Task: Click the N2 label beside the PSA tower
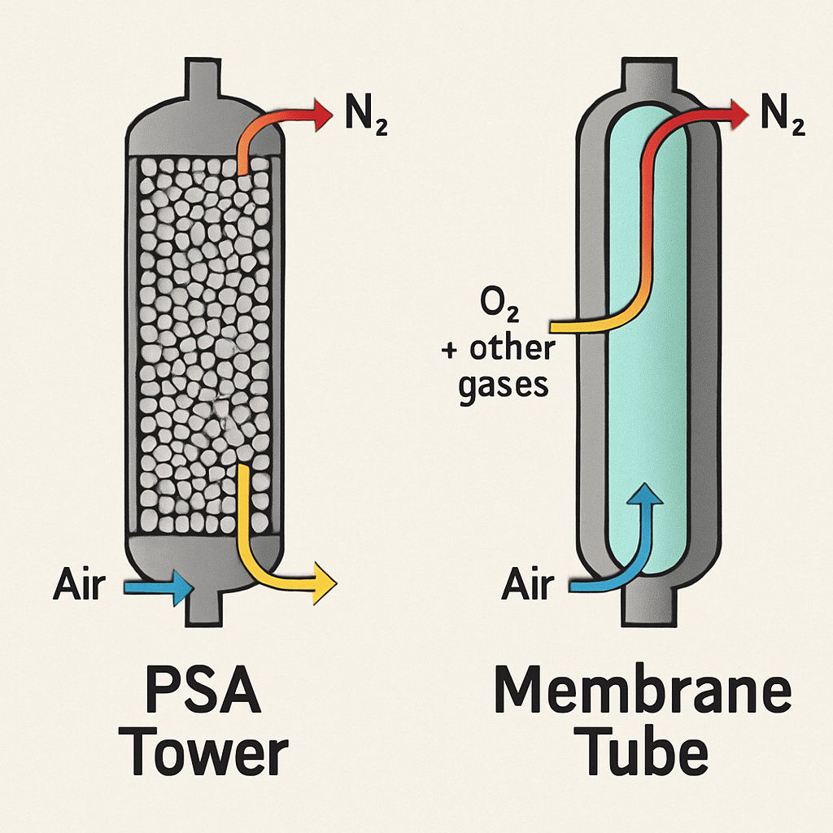pos(366,114)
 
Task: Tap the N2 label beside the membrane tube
pos(783,114)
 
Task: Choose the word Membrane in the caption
pos(643,689)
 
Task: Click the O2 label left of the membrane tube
pos(499,306)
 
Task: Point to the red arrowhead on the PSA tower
pos(323,114)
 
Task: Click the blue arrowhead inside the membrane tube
pos(645,494)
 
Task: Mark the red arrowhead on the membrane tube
pos(739,114)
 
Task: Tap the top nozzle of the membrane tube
pos(649,76)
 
